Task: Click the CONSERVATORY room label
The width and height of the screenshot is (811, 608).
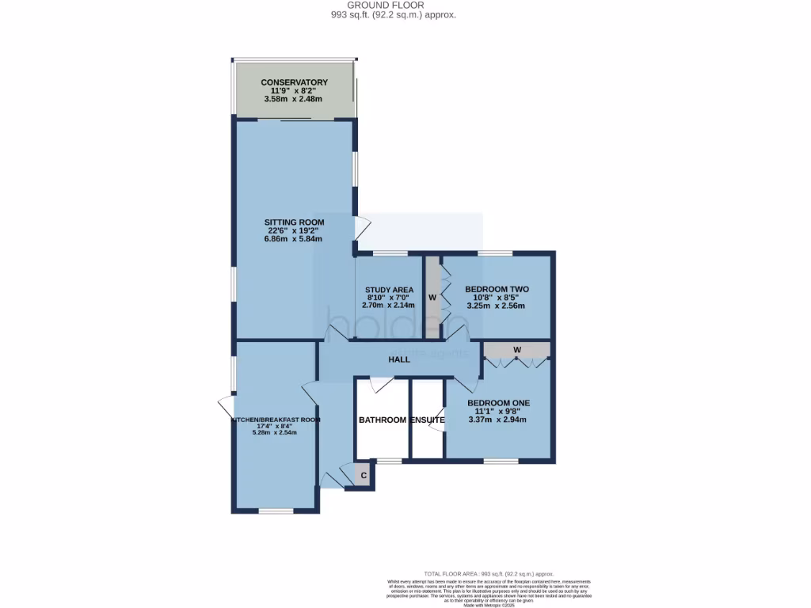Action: pos(294,82)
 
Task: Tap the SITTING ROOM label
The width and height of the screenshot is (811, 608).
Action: pos(294,222)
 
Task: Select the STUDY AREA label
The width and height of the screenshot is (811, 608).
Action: pos(389,290)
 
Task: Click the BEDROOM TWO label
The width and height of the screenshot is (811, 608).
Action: pos(497,289)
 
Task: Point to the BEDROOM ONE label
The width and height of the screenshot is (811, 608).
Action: pos(497,403)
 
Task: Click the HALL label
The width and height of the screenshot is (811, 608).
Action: pos(399,359)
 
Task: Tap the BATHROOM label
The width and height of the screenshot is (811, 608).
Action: pos(383,420)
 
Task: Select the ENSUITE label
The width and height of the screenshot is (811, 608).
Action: pos(427,420)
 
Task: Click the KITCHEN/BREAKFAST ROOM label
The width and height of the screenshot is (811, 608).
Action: pos(276,420)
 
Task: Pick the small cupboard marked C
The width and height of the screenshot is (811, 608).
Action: pos(364,476)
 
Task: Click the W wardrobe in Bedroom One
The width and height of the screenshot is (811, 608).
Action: pos(516,349)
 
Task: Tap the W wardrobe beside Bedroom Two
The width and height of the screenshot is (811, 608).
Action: pos(432,298)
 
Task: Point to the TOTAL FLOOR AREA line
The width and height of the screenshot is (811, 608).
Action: pos(489,573)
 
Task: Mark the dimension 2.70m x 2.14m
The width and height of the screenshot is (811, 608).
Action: pos(389,306)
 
